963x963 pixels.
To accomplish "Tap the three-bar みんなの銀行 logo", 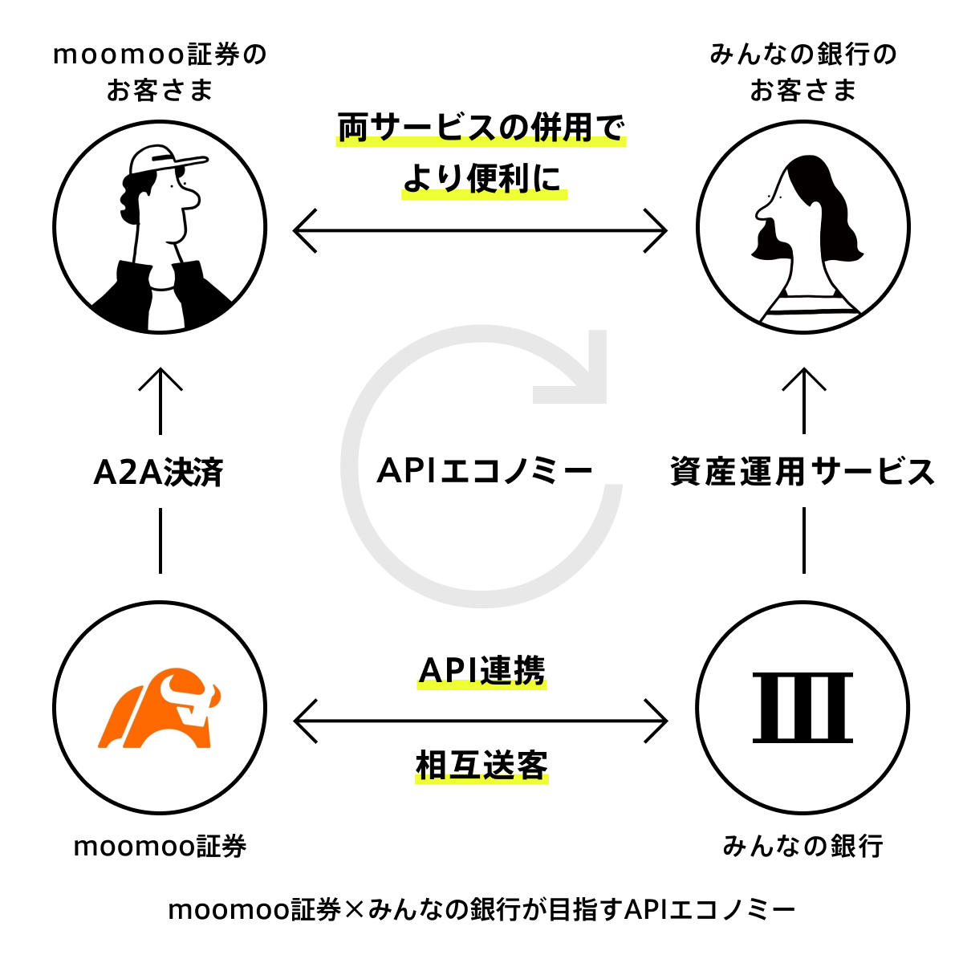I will pos(802,708).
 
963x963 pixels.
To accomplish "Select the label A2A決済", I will pos(159,473).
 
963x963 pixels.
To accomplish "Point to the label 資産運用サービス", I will pos(802,472).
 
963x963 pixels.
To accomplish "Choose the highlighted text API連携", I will pos(481,671).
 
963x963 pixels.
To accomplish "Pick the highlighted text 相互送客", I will pos(481,766).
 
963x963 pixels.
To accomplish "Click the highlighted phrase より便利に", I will pos(483,179).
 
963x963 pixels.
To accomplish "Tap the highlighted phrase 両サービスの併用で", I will pos(481,128).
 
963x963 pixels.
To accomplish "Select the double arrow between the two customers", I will pos(480,231).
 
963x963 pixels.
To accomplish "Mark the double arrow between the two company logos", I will pos(481,721).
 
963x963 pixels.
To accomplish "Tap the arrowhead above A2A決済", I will pos(160,379).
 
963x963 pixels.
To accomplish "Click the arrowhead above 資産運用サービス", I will pos(803,379).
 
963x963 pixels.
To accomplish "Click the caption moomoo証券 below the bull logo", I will pos(160,847).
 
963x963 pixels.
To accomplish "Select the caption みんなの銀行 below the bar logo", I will pos(802,846).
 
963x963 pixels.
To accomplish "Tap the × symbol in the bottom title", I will pos(354,911).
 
